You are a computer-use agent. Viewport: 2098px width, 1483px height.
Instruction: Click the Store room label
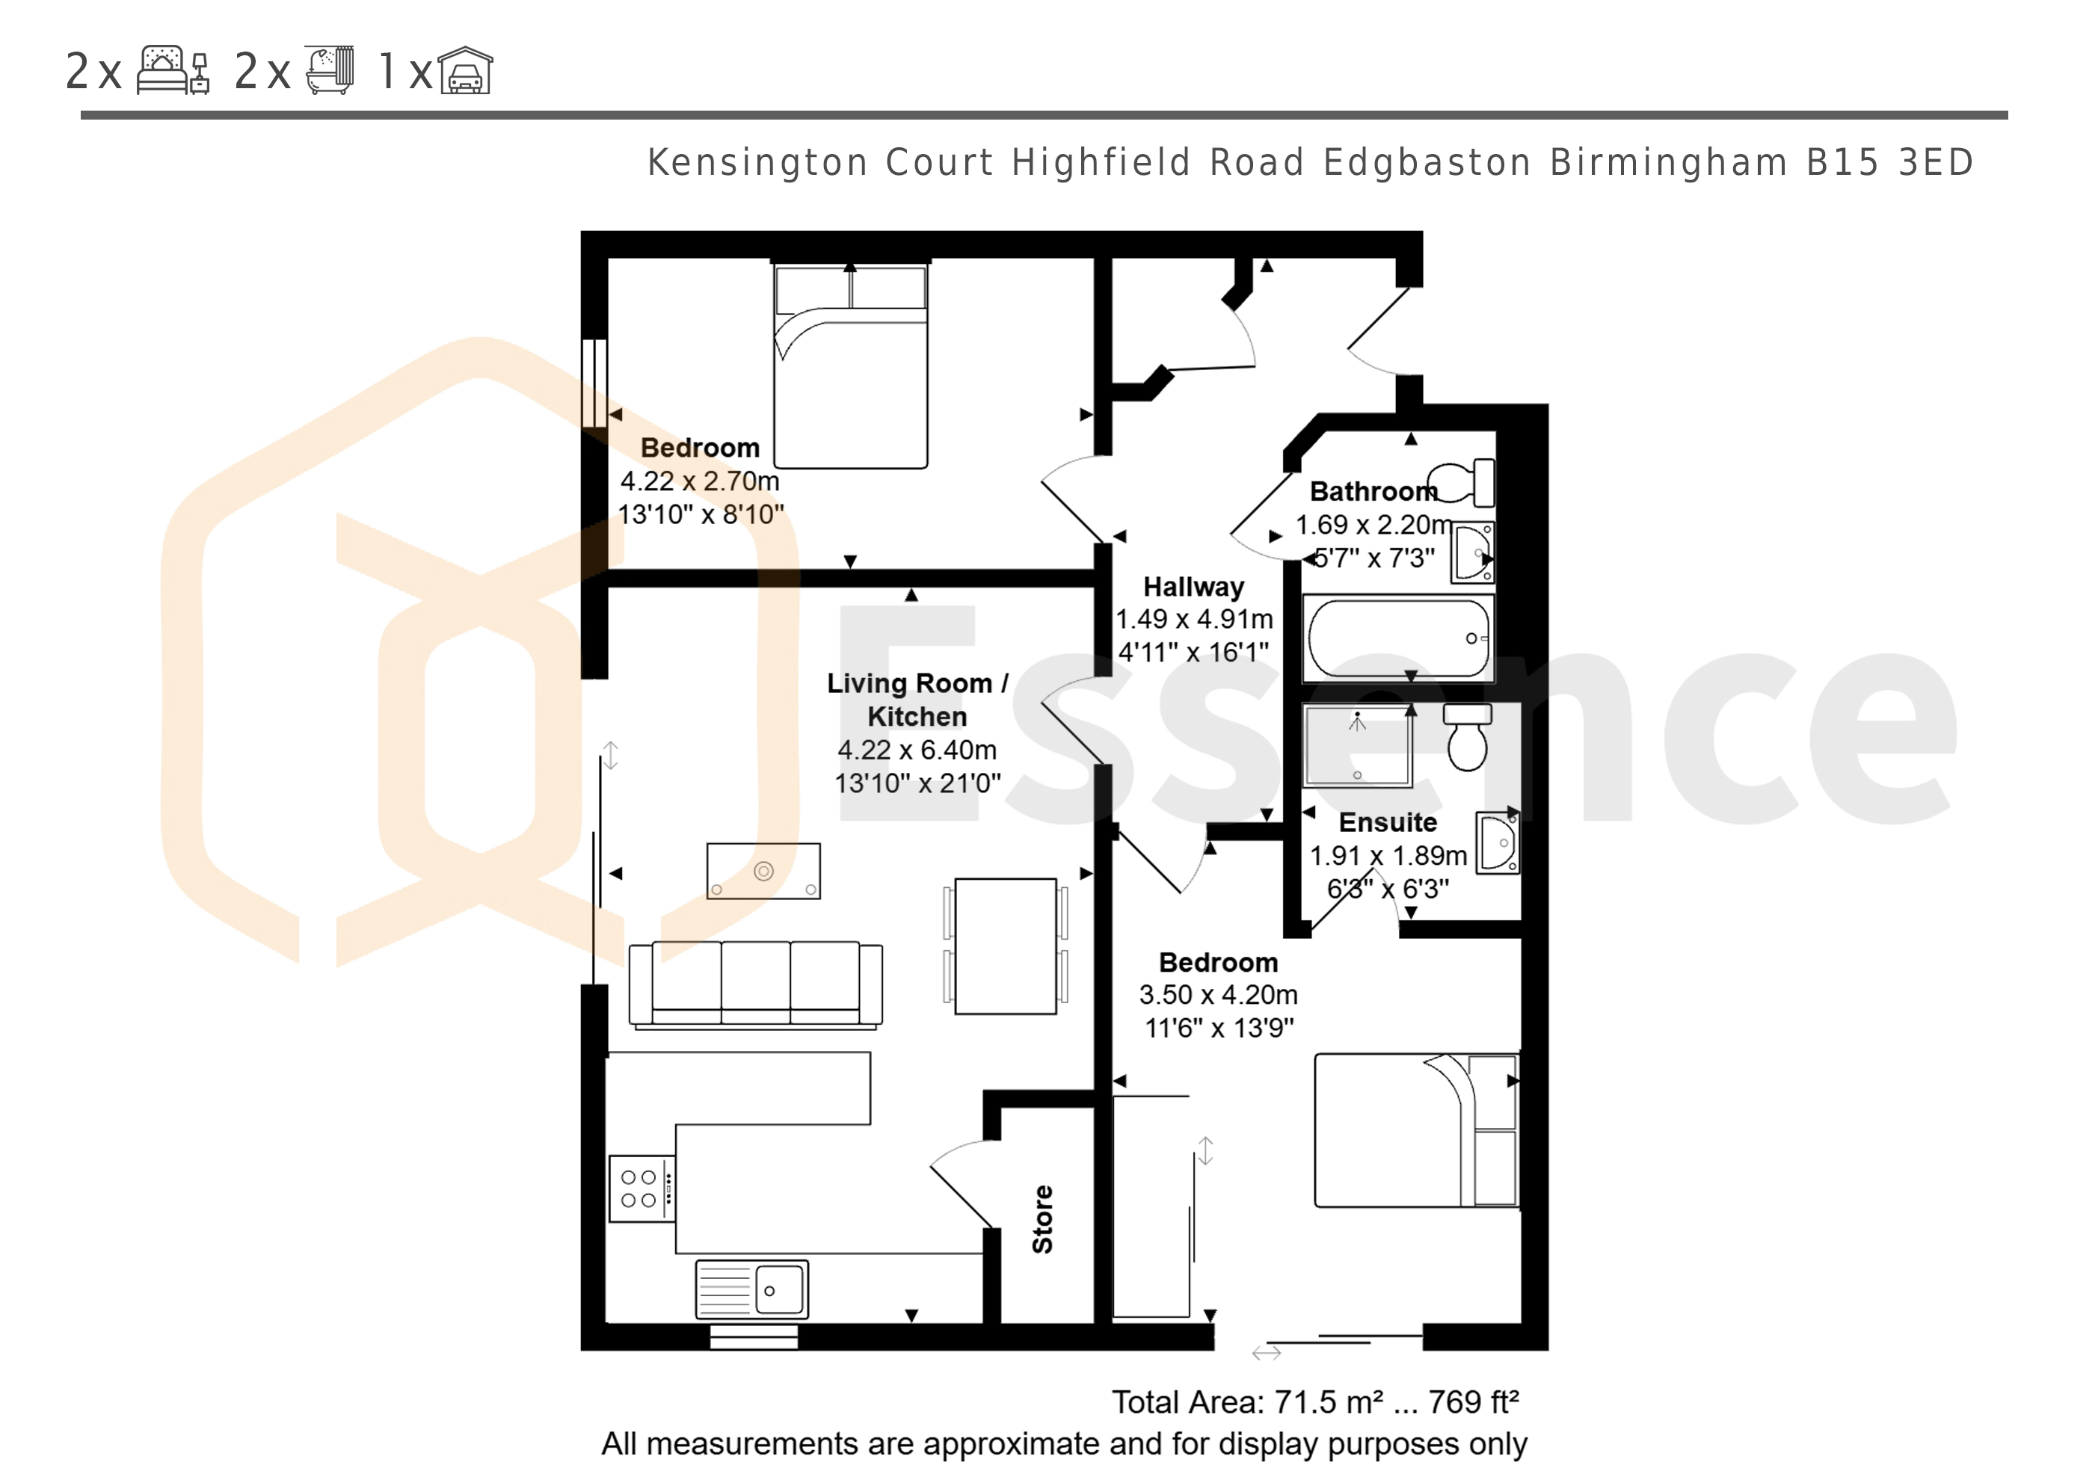pos(1042,1220)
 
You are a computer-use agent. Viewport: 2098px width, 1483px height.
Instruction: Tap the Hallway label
pos(1193,587)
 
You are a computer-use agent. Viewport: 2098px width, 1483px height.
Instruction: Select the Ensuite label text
pos(1388,822)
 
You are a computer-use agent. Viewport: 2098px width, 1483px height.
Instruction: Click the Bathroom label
pos(1373,492)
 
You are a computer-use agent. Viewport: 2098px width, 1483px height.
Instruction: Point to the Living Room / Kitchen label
pos(917,700)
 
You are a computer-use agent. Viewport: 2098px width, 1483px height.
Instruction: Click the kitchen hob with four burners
pos(642,1188)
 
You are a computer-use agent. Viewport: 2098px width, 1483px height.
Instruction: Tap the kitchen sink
pos(752,1289)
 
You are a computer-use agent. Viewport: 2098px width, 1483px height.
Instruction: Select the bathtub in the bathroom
pos(1398,638)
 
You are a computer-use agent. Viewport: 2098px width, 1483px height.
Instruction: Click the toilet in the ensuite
pos(1468,736)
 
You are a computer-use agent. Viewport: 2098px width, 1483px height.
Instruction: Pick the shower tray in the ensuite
pos(1358,744)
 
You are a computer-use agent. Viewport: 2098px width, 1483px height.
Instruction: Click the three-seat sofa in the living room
pos(756,985)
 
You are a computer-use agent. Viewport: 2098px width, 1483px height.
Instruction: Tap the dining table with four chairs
pos(1005,946)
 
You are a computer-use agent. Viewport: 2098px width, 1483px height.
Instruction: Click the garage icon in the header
pos(465,70)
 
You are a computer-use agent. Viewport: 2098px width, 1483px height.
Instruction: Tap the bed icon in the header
pos(173,70)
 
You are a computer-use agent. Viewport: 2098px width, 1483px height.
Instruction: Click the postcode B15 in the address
pos(1840,163)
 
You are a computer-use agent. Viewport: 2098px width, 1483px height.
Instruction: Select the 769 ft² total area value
pos(1473,1402)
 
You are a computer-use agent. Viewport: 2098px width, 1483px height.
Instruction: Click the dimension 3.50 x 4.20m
pos(1218,994)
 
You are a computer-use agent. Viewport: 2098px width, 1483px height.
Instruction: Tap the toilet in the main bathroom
pos(1461,482)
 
